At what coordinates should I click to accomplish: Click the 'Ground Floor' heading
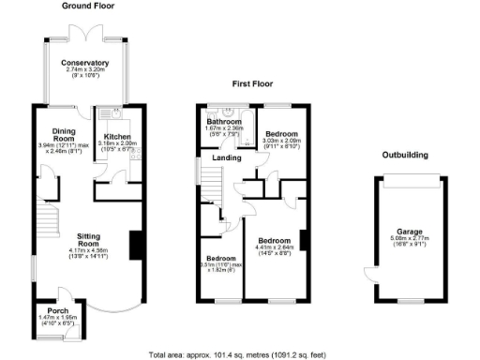(89, 6)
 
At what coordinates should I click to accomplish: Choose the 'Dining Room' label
(64, 137)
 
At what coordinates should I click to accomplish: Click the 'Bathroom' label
(224, 121)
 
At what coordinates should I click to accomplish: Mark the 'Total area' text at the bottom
(240, 354)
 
